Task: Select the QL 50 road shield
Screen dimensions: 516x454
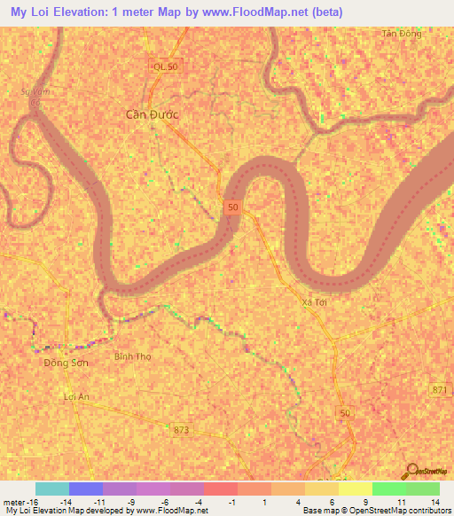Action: [166, 67]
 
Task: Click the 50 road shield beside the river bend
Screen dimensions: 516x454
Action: [232, 207]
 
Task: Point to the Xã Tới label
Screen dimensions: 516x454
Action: [314, 302]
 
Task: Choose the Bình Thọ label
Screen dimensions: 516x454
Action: [132, 357]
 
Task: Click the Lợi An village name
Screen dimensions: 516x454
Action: [78, 397]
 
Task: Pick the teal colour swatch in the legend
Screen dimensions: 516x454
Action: [51, 489]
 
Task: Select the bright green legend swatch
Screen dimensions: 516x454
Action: [388, 489]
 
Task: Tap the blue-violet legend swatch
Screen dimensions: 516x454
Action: [85, 489]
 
